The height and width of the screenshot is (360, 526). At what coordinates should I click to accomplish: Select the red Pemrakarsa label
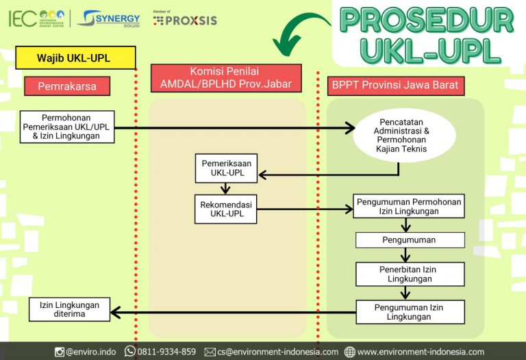coord(67,86)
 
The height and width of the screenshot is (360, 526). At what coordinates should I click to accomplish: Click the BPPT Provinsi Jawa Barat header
coord(395,86)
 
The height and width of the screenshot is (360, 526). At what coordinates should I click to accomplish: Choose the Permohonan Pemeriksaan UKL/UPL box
coord(67,127)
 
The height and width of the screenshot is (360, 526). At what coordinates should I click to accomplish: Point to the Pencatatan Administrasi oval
coord(404,135)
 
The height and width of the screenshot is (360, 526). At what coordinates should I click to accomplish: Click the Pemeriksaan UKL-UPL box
coord(226,168)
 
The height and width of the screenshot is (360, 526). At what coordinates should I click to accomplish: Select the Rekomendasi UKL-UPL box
coord(226,209)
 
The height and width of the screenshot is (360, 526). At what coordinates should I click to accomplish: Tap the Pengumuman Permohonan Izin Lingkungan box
coord(410,207)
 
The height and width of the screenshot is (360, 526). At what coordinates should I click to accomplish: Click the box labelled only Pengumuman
coord(410,240)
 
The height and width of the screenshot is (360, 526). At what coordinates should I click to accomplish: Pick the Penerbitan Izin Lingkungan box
coord(410,274)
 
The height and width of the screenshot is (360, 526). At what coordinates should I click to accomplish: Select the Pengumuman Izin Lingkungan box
coord(410,312)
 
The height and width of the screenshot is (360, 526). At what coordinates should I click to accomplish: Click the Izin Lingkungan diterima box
coord(69,309)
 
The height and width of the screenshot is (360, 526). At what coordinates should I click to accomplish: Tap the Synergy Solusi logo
coord(109,18)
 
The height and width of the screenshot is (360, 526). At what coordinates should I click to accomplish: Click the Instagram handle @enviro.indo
coord(86,352)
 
